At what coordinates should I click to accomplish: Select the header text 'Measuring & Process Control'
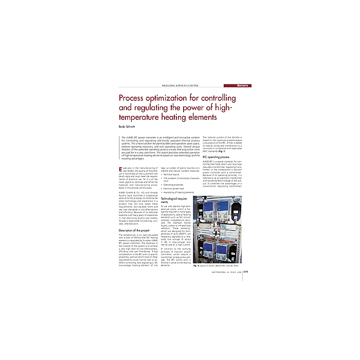tap(180, 85)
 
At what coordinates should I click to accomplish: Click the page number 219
tap(246, 272)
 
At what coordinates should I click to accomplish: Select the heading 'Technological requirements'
tap(175, 200)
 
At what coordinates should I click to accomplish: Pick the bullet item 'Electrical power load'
tap(176, 188)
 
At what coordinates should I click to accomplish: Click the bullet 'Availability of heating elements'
tap(178, 192)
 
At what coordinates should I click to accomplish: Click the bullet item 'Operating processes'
tap(175, 184)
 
